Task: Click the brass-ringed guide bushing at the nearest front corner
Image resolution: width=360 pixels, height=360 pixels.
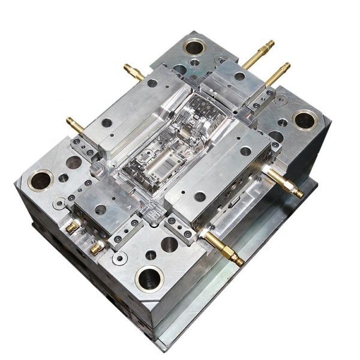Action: [149, 278]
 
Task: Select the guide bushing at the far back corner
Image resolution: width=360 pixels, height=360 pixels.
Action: [194, 46]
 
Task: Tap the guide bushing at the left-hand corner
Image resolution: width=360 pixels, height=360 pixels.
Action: [40, 179]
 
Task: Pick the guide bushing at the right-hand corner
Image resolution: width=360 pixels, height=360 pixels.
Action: [304, 119]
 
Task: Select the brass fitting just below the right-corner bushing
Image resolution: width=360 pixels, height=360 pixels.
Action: [284, 183]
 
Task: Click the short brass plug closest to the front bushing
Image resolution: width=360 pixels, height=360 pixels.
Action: [96, 247]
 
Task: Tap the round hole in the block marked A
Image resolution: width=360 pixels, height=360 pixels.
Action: [100, 209]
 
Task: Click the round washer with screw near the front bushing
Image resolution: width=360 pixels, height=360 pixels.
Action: [121, 258]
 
